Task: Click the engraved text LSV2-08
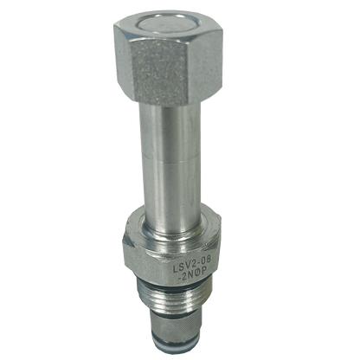(x=192, y=265)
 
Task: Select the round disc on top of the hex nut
(x=164, y=24)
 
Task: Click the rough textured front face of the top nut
(x=159, y=71)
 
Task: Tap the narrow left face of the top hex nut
(x=120, y=58)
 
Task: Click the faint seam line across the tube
(x=170, y=156)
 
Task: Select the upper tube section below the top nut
(x=170, y=129)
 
